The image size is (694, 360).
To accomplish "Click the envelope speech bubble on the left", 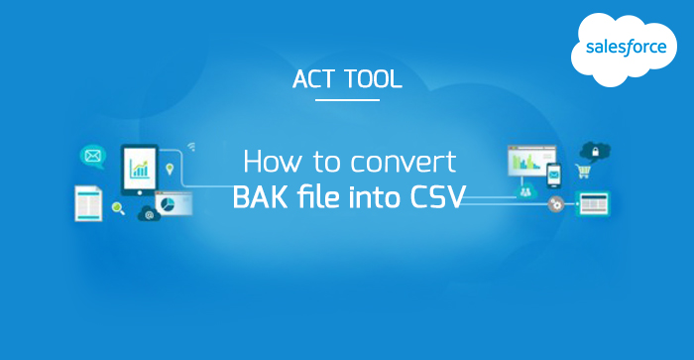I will tap(93, 156).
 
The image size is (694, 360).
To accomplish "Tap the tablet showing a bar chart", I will tap(139, 167).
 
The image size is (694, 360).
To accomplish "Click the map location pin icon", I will tap(170, 169).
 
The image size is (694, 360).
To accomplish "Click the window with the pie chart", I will tap(173, 203).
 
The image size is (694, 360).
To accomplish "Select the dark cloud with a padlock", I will tap(595, 150).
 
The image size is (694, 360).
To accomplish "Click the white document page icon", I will tap(88, 202).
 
